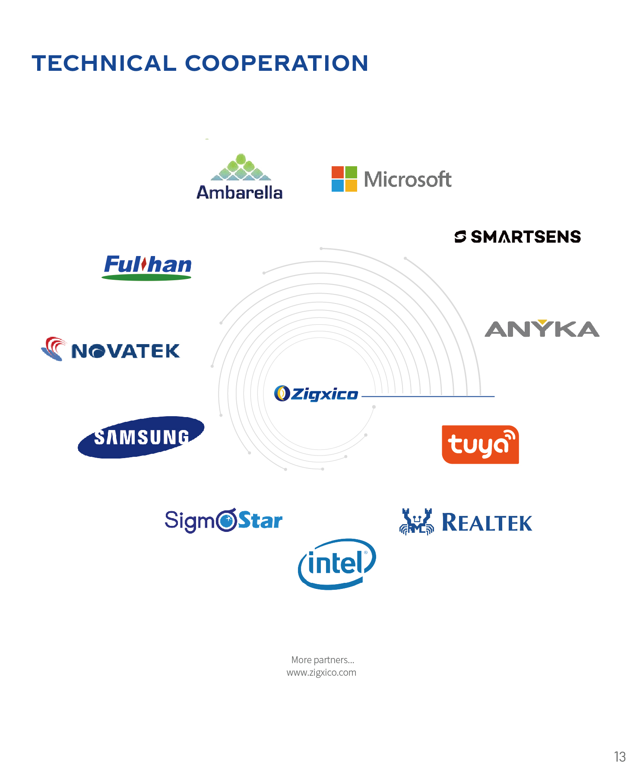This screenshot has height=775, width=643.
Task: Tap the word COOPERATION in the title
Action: pos(276,63)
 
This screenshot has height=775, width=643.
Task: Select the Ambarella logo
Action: pos(240,177)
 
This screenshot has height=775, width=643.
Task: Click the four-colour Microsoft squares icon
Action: pos(344,179)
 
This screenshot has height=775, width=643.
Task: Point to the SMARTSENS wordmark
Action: pos(525,237)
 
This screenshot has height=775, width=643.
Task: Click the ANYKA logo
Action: pos(542,329)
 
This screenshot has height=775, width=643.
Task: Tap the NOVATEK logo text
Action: pos(125,351)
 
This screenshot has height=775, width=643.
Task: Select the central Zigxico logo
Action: pos(316,394)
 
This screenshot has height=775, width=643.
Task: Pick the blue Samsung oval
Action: pos(141,437)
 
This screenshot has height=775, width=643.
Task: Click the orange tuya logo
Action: pos(480,445)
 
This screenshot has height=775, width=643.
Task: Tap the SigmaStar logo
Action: pos(223,520)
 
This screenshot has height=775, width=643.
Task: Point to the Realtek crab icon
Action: pos(416,522)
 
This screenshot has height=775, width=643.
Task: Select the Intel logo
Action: pos(337,563)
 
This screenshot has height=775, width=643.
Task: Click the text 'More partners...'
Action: pos(323,660)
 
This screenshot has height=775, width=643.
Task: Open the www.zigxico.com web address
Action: pos(321,672)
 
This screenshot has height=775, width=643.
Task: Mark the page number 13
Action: pos(620,756)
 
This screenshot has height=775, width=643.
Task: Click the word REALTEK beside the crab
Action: pos(487,523)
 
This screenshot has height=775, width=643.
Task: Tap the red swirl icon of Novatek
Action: pos(54,348)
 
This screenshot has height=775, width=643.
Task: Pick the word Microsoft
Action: pos(407,179)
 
